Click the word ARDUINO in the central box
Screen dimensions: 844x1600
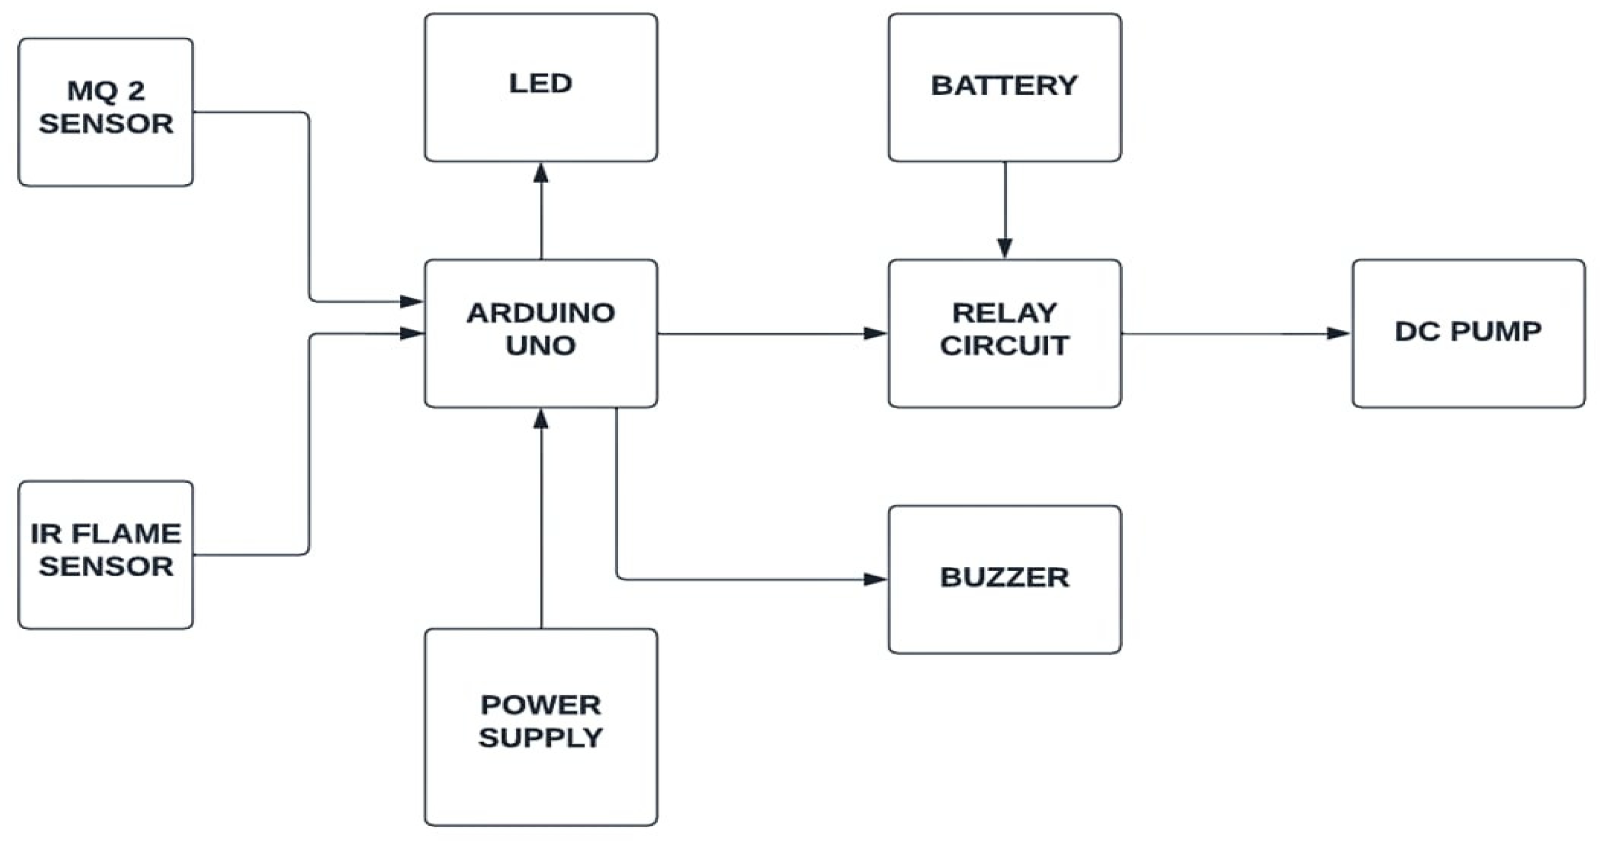[x=540, y=313]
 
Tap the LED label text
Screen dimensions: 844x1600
[x=540, y=84]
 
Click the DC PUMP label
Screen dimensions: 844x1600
[x=1468, y=332]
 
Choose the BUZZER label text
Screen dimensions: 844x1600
[x=1004, y=577]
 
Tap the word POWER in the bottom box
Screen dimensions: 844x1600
[x=540, y=705]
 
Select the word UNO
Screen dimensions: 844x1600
[x=540, y=346]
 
